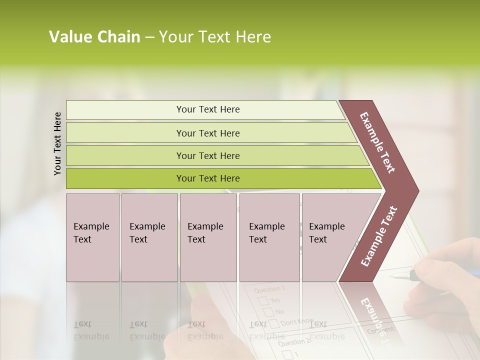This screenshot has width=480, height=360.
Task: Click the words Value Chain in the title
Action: (94, 37)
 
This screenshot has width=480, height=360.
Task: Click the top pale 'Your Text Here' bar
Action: (207, 109)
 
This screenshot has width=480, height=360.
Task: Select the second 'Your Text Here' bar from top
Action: (207, 133)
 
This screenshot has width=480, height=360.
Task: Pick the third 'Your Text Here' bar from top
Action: (207, 155)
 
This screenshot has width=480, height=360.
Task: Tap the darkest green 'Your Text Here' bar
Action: (207, 178)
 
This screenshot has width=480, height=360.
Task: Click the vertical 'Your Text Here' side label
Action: (57, 143)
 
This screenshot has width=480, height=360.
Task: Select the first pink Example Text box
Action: (92, 237)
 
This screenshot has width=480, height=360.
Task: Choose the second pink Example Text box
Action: (149, 237)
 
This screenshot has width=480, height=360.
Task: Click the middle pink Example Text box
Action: (208, 237)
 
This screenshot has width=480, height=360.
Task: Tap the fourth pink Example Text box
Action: (269, 237)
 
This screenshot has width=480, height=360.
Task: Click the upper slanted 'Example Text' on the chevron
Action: (377, 142)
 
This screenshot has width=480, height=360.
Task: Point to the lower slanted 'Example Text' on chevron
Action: (379, 236)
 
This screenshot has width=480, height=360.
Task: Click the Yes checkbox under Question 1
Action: (263, 300)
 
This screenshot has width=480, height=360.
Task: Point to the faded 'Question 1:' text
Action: (270, 289)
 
